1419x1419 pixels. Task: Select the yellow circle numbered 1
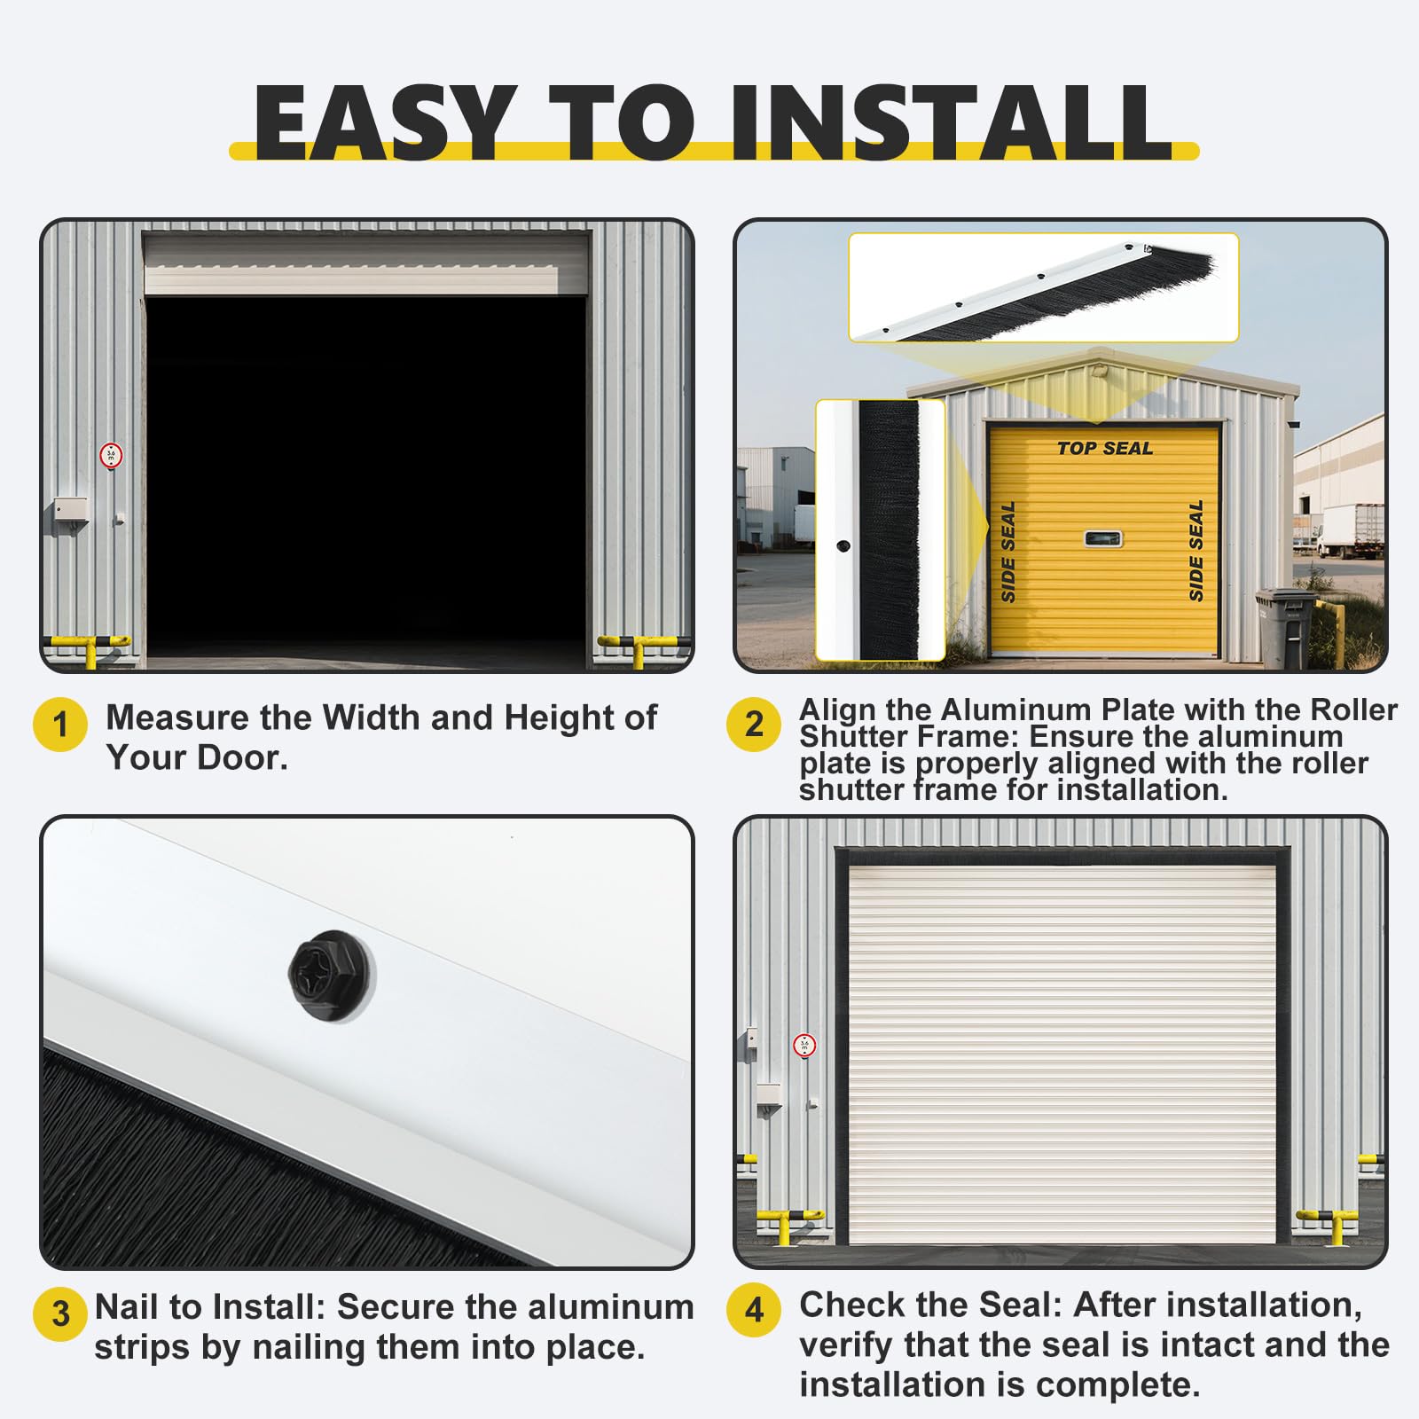point(60,725)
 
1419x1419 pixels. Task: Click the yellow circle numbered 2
point(754,725)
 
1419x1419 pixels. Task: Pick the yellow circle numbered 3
point(60,1313)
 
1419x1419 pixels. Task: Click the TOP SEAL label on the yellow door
point(1105,449)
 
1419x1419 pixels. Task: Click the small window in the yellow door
point(1103,538)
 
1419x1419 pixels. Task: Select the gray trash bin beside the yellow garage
point(1285,627)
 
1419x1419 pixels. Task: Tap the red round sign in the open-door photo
point(111,456)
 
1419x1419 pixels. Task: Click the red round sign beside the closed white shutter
point(804,1045)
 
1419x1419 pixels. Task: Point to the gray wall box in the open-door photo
point(70,512)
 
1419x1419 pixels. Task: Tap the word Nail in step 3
point(127,1307)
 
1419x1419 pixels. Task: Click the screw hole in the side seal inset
point(843,546)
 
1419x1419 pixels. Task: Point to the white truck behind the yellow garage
point(1351,530)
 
